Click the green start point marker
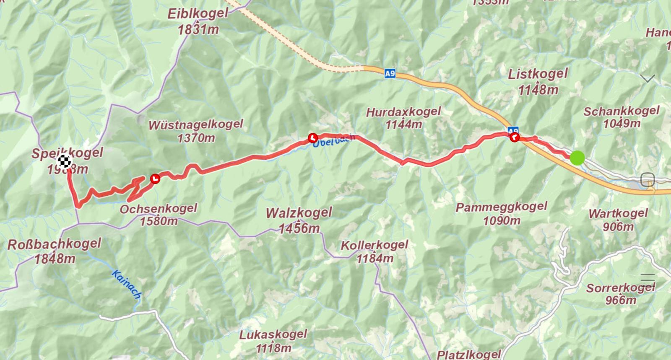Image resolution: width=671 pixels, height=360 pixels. (577, 158)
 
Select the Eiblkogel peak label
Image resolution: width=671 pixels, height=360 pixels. (198, 14)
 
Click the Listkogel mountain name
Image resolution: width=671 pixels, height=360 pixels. (538, 74)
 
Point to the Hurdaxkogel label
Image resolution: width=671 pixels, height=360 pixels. (403, 112)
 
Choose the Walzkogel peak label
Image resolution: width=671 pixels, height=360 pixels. (299, 212)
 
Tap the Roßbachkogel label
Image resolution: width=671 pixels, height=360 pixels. (55, 243)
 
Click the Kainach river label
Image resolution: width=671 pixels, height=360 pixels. (126, 284)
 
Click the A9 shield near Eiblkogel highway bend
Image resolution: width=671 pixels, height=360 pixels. (390, 74)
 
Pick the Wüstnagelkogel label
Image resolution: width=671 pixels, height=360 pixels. (195, 124)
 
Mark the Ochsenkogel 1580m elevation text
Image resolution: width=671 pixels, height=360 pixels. (159, 221)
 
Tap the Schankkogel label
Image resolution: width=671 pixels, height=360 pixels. (621, 111)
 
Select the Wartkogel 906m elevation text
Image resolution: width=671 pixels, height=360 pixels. (618, 227)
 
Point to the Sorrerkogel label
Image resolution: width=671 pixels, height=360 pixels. (620, 288)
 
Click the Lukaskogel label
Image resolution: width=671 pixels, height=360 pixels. (273, 335)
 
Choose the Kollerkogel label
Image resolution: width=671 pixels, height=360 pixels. (375, 245)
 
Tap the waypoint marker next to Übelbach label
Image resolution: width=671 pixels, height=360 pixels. (312, 137)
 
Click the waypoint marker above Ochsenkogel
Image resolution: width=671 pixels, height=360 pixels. (155, 179)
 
